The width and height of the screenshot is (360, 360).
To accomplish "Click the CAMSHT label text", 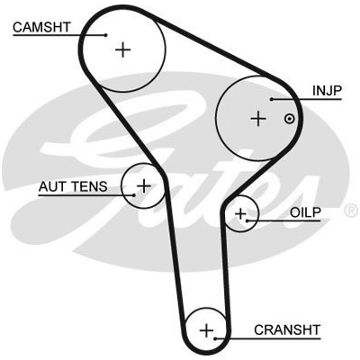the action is (x=41, y=27).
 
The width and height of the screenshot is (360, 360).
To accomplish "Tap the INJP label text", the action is (x=327, y=91).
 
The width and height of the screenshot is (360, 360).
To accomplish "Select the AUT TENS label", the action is (x=73, y=186).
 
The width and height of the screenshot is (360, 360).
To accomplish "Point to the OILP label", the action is (x=305, y=212).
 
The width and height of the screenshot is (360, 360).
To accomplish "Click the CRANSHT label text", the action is (x=287, y=329).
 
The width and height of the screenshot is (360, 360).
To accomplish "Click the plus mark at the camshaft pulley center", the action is (x=123, y=49).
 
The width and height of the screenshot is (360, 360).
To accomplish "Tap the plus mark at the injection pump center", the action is (x=258, y=119).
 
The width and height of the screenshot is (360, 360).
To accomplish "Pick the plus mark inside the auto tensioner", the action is (x=144, y=186).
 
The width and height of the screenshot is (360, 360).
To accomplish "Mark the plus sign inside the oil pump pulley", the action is (x=240, y=214).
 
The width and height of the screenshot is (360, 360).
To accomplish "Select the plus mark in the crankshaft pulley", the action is (x=207, y=331).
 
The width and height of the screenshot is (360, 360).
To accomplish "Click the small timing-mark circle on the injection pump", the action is (x=289, y=119).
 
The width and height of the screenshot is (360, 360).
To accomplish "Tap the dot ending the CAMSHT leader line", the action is (x=105, y=35).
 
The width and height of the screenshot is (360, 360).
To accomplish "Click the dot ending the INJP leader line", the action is (x=271, y=99).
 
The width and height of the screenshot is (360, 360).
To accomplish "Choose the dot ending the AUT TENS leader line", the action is (x=134, y=195).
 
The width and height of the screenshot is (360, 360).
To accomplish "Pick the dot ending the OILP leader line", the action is (x=247, y=221).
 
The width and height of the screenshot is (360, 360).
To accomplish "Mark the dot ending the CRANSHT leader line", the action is (x=215, y=338).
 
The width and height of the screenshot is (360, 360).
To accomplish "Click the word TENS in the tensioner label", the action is (x=89, y=186).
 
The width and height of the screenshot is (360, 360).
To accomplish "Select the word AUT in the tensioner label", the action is (x=51, y=186).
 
